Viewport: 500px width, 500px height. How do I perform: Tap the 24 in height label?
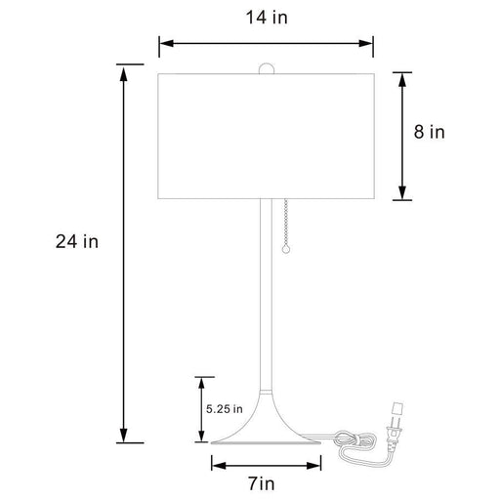pyautogui.click(x=77, y=241)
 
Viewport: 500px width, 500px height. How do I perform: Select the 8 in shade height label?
pyautogui.click(x=430, y=132)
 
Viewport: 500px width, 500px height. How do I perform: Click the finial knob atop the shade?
pyautogui.click(x=266, y=68)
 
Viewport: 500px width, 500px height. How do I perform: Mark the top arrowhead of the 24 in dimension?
pyautogui.click(x=124, y=71)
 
